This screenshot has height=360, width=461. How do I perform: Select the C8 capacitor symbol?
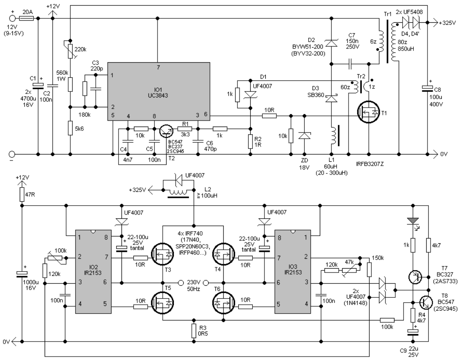click(428, 88)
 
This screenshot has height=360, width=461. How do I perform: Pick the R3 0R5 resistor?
click(194, 330)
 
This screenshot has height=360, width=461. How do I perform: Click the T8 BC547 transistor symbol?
click(425, 303)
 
